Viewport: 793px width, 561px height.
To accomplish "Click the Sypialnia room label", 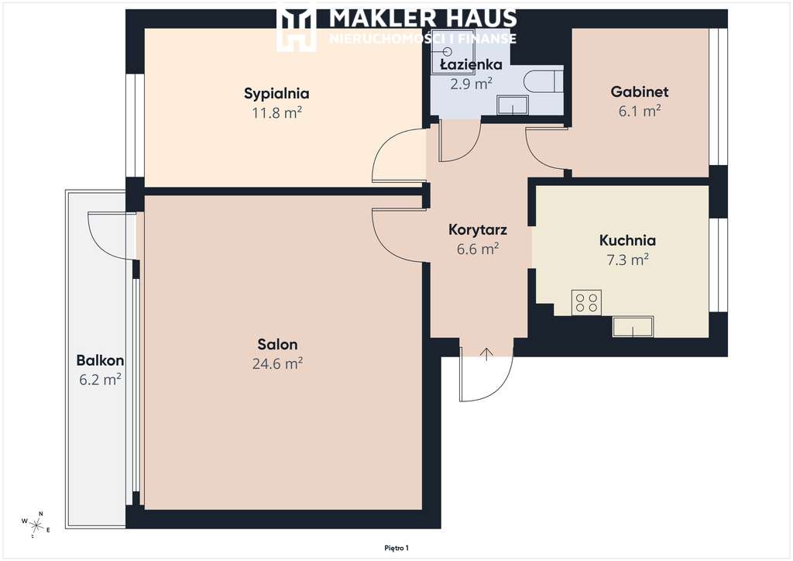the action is point(276,94).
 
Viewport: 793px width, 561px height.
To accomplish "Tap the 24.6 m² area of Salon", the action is point(278,363).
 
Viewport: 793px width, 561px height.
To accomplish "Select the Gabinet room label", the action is point(640,91).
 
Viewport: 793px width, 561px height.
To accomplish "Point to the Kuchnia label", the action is point(627,240).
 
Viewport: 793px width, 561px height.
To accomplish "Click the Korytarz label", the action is point(478,229).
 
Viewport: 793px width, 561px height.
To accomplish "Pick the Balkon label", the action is point(100,360).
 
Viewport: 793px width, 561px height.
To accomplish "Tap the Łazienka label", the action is point(471,64).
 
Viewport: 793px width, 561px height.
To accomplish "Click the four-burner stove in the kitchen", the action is point(587,302).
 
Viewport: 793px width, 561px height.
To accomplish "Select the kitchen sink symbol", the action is point(633,327).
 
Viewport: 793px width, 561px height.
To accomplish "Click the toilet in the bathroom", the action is point(543,81).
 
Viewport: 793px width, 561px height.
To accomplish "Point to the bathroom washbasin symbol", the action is point(513,105).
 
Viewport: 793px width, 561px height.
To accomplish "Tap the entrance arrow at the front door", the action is point(486,354).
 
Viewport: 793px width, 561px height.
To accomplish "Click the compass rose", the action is point(36,525).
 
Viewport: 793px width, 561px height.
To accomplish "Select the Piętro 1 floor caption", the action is point(396,548).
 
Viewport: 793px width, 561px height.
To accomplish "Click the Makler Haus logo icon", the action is point(297,26).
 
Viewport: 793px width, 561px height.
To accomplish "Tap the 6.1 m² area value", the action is point(640,111).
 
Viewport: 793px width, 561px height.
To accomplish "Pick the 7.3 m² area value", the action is point(627,260).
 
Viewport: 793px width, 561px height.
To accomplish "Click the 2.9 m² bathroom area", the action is point(472,84).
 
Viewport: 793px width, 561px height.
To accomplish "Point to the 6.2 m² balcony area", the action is point(100,380).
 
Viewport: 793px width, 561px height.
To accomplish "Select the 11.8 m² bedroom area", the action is point(277,112).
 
